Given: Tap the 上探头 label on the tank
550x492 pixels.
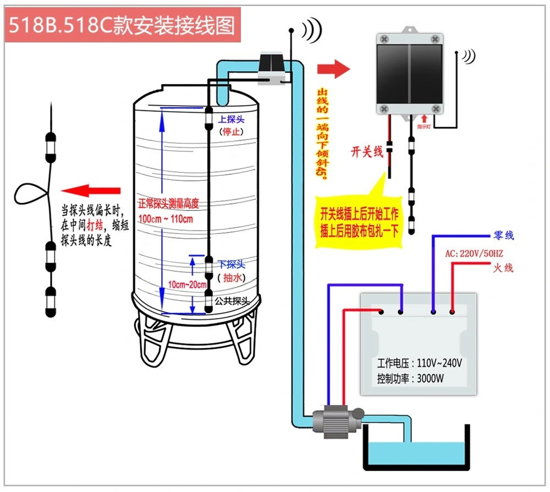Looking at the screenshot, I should pos(231,119).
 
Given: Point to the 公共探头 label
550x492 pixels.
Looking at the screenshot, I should pos(232,301).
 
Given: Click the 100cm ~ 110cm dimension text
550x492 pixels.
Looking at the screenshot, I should pos(166,218).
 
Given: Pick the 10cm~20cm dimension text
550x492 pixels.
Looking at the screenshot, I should pos(188,285).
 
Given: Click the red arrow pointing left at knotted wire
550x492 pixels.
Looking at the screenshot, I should pos(91,191).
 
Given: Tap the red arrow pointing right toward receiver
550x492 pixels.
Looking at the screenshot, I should pos(333,69).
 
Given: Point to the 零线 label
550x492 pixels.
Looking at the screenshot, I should pos(504,236).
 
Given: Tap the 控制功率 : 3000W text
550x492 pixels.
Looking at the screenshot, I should pos(411,379).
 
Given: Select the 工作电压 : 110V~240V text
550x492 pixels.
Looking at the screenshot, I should pos(419,363).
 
